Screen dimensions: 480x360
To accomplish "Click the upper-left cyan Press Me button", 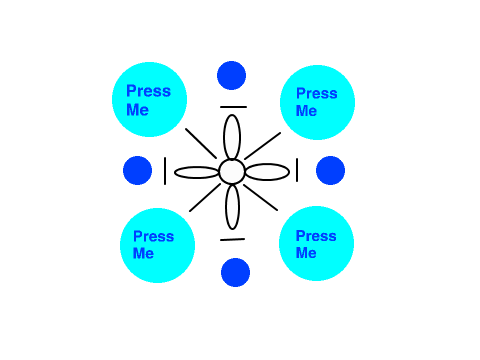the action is pyautogui.click(x=149, y=99).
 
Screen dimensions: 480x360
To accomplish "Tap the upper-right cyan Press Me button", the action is pyautogui.click(x=317, y=102).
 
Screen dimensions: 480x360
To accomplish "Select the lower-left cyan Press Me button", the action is pyautogui.click(x=157, y=245).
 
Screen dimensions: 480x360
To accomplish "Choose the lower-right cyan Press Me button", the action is pyautogui.click(x=316, y=244).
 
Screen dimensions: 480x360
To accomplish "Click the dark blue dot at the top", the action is pyautogui.click(x=231, y=75).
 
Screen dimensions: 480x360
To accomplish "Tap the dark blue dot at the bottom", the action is pyautogui.click(x=235, y=272).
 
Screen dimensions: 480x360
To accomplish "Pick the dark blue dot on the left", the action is pyautogui.click(x=137, y=170).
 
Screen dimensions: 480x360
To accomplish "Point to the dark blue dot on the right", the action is pyautogui.click(x=330, y=170).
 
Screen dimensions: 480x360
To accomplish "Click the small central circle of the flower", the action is pyautogui.click(x=232, y=172).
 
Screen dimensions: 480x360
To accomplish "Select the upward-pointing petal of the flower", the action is pyautogui.click(x=232, y=137).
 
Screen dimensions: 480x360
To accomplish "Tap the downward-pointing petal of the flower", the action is pyautogui.click(x=232, y=207).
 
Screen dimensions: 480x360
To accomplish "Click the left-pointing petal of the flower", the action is pyautogui.click(x=197, y=172).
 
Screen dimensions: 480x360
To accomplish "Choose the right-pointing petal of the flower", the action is pyautogui.click(x=267, y=172).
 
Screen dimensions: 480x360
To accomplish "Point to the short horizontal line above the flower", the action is pyautogui.click(x=233, y=107).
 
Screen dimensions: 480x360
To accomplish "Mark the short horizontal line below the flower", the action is pyautogui.click(x=232, y=239).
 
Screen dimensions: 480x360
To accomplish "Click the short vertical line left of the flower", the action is pyautogui.click(x=165, y=171).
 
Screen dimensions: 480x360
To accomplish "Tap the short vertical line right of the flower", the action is pyautogui.click(x=297, y=170).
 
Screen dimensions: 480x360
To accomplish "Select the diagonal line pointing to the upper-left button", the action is pyautogui.click(x=201, y=143).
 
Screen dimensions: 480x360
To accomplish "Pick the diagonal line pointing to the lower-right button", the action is pyautogui.click(x=260, y=197).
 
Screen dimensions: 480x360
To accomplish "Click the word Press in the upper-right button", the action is pyautogui.click(x=317, y=94).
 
